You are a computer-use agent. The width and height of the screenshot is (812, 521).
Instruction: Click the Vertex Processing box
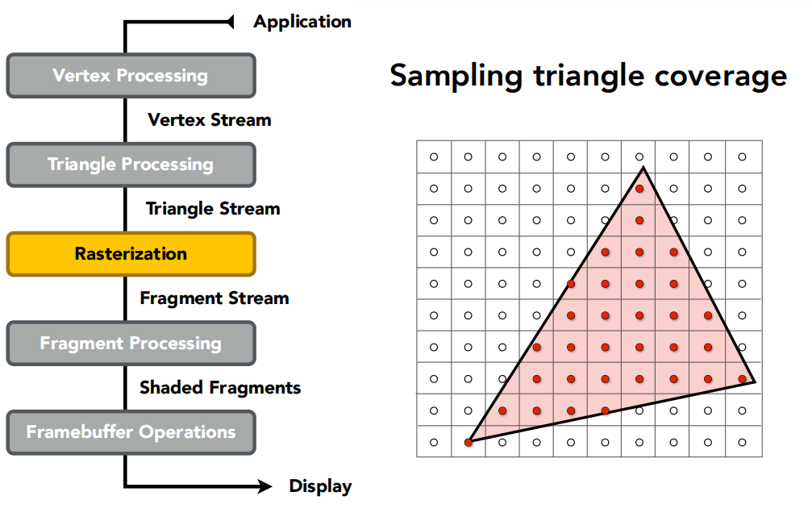click(x=131, y=76)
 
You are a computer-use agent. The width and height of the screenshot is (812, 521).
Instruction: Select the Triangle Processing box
click(x=131, y=165)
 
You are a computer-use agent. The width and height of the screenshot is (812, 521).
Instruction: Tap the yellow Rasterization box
click(x=131, y=254)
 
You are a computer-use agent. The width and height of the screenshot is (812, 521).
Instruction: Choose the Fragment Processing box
click(x=131, y=344)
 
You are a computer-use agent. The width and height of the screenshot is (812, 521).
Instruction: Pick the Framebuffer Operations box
click(x=131, y=432)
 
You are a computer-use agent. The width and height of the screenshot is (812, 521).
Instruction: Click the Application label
click(x=302, y=23)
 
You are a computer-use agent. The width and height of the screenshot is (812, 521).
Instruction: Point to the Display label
click(x=321, y=486)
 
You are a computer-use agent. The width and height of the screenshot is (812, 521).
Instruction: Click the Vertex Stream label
click(x=210, y=120)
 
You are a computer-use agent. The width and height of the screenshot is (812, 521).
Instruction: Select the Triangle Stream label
click(x=213, y=209)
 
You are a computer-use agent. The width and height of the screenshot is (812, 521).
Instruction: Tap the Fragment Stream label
click(x=214, y=298)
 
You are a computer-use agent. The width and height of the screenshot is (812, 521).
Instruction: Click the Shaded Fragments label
click(x=220, y=387)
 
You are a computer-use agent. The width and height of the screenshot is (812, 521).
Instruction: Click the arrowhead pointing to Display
click(x=265, y=486)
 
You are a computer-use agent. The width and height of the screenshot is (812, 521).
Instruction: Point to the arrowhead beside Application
click(x=231, y=22)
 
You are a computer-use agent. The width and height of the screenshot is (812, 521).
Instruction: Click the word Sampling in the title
click(x=456, y=77)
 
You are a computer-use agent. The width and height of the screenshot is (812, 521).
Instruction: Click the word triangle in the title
click(x=589, y=77)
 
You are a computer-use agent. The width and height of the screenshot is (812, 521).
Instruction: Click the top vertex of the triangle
click(x=643, y=167)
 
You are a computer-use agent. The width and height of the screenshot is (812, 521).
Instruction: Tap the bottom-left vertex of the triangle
click(x=469, y=442)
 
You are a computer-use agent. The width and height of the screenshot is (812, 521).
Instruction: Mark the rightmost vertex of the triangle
click(x=755, y=381)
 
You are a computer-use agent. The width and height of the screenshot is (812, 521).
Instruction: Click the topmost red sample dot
click(x=639, y=189)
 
